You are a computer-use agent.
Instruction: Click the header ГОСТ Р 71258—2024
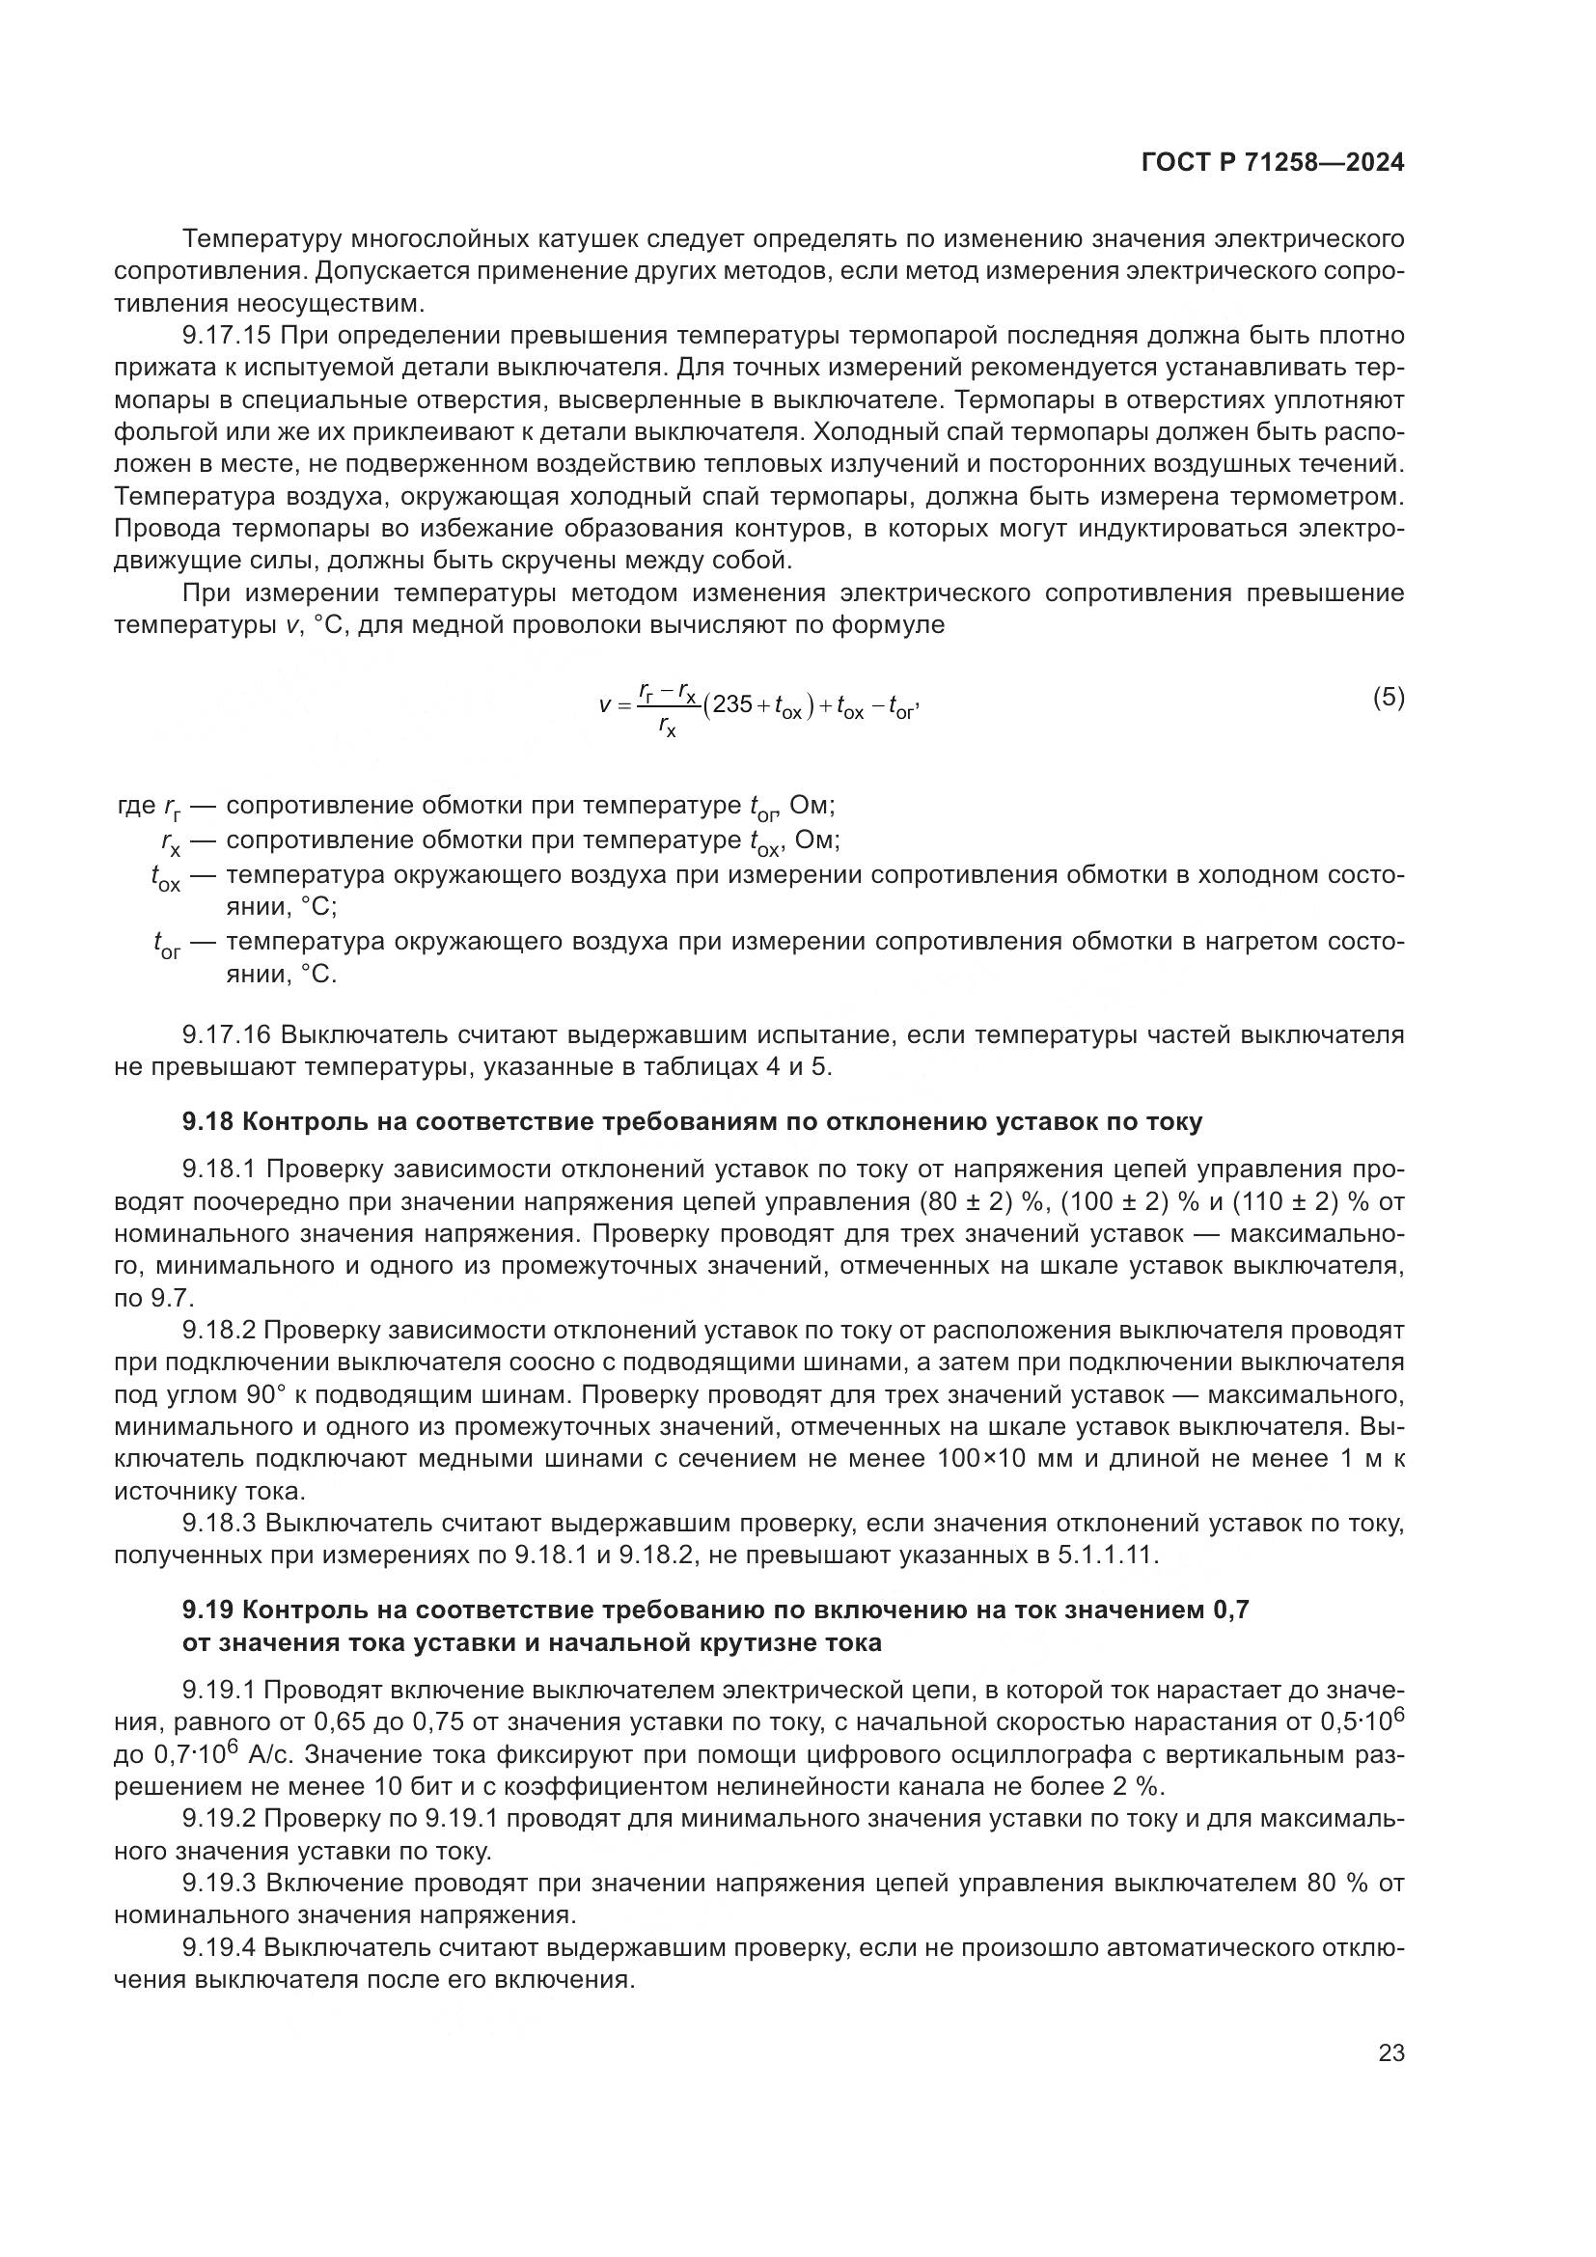(1272, 163)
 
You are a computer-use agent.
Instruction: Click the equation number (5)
(1388, 698)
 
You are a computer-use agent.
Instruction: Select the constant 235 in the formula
(733, 703)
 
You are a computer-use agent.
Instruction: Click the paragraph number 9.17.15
(226, 336)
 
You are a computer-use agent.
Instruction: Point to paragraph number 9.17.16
(226, 1034)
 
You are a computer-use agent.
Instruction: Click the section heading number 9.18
(207, 1121)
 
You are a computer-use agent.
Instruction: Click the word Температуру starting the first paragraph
(263, 239)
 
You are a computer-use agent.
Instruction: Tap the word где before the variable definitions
(136, 806)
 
